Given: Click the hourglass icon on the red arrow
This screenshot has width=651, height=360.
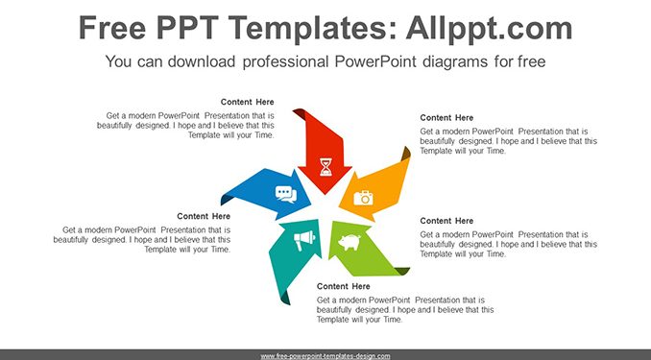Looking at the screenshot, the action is (325, 166).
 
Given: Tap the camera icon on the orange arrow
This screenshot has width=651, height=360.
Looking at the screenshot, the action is (363, 198).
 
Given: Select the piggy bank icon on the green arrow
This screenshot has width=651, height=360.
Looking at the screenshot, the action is (350, 242).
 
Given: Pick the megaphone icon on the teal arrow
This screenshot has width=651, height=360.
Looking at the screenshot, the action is (304, 240).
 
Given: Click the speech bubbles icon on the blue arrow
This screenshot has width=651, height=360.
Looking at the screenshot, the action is (286, 194).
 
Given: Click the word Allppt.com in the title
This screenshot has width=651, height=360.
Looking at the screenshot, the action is (489, 28).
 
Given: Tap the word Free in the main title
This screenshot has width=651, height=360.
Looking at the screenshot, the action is (112, 28).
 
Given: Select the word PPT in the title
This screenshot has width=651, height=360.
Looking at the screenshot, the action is (187, 28).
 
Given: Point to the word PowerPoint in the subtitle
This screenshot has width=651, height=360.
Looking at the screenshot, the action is (374, 61).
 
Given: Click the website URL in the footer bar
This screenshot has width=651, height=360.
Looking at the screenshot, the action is (325, 356).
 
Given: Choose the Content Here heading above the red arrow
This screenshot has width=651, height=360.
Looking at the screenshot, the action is (247, 102).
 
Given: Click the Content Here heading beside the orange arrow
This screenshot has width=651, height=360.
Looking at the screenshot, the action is (446, 118).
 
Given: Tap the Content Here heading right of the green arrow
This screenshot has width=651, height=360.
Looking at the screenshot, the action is (446, 221).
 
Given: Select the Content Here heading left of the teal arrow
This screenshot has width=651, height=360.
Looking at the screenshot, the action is (204, 216).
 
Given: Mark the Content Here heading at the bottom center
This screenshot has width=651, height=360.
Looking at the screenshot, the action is (344, 286).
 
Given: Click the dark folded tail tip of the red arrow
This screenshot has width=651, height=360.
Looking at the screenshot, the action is (299, 113).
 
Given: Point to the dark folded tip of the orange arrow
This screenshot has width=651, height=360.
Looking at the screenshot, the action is (406, 154).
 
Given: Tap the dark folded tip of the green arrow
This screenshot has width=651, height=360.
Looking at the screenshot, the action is (402, 271).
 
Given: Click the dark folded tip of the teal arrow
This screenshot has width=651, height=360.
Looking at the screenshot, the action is (285, 299).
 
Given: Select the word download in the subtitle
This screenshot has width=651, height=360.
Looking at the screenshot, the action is (202, 61).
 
